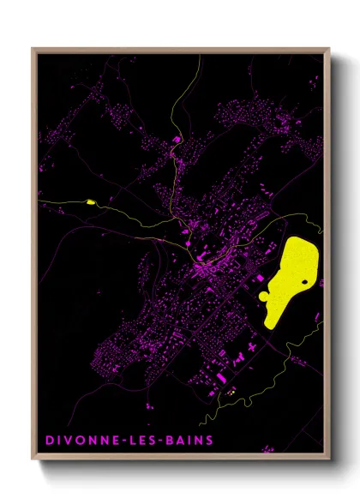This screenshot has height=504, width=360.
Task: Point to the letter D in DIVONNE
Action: click(48, 441)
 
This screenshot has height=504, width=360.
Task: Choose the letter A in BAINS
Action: click(183, 441)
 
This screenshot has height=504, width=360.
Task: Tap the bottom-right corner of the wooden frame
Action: click(329, 460)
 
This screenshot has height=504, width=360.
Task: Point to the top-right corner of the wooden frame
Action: click(329, 49)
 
